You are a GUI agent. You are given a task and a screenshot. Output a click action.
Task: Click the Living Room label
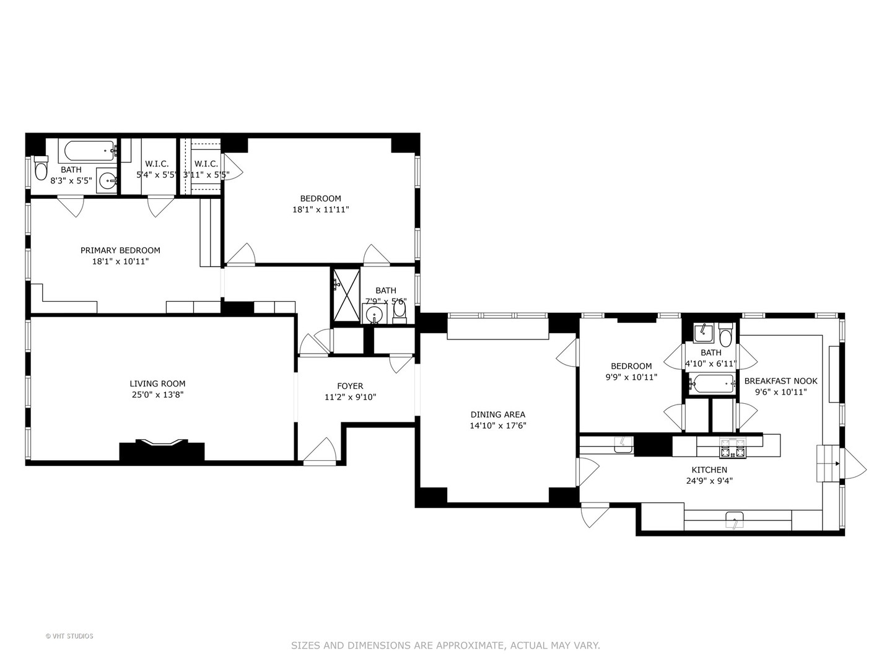point(157,383)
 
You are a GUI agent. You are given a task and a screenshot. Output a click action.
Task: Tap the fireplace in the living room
point(162,449)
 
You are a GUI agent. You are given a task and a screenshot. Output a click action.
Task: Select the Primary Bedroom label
point(120,250)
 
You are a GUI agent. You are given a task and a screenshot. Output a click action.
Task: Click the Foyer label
point(350,386)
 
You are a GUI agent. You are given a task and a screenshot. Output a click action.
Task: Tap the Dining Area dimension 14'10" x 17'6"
point(497,426)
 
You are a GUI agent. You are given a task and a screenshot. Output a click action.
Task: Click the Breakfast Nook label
point(780,381)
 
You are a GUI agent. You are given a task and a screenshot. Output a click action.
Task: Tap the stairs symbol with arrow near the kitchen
point(828,463)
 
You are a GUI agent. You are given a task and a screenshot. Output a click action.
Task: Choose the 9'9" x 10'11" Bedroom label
point(631,366)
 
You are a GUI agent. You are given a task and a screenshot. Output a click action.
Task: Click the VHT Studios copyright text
point(69,636)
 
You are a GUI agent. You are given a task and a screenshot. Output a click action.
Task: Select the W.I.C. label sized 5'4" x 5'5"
point(157,164)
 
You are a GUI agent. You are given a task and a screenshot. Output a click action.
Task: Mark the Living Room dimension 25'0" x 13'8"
point(157,395)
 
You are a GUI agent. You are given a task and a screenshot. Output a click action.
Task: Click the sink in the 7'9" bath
point(374,315)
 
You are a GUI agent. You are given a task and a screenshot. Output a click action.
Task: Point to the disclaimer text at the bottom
point(445,645)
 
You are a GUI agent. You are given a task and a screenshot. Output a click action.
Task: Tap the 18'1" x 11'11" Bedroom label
point(320,198)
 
